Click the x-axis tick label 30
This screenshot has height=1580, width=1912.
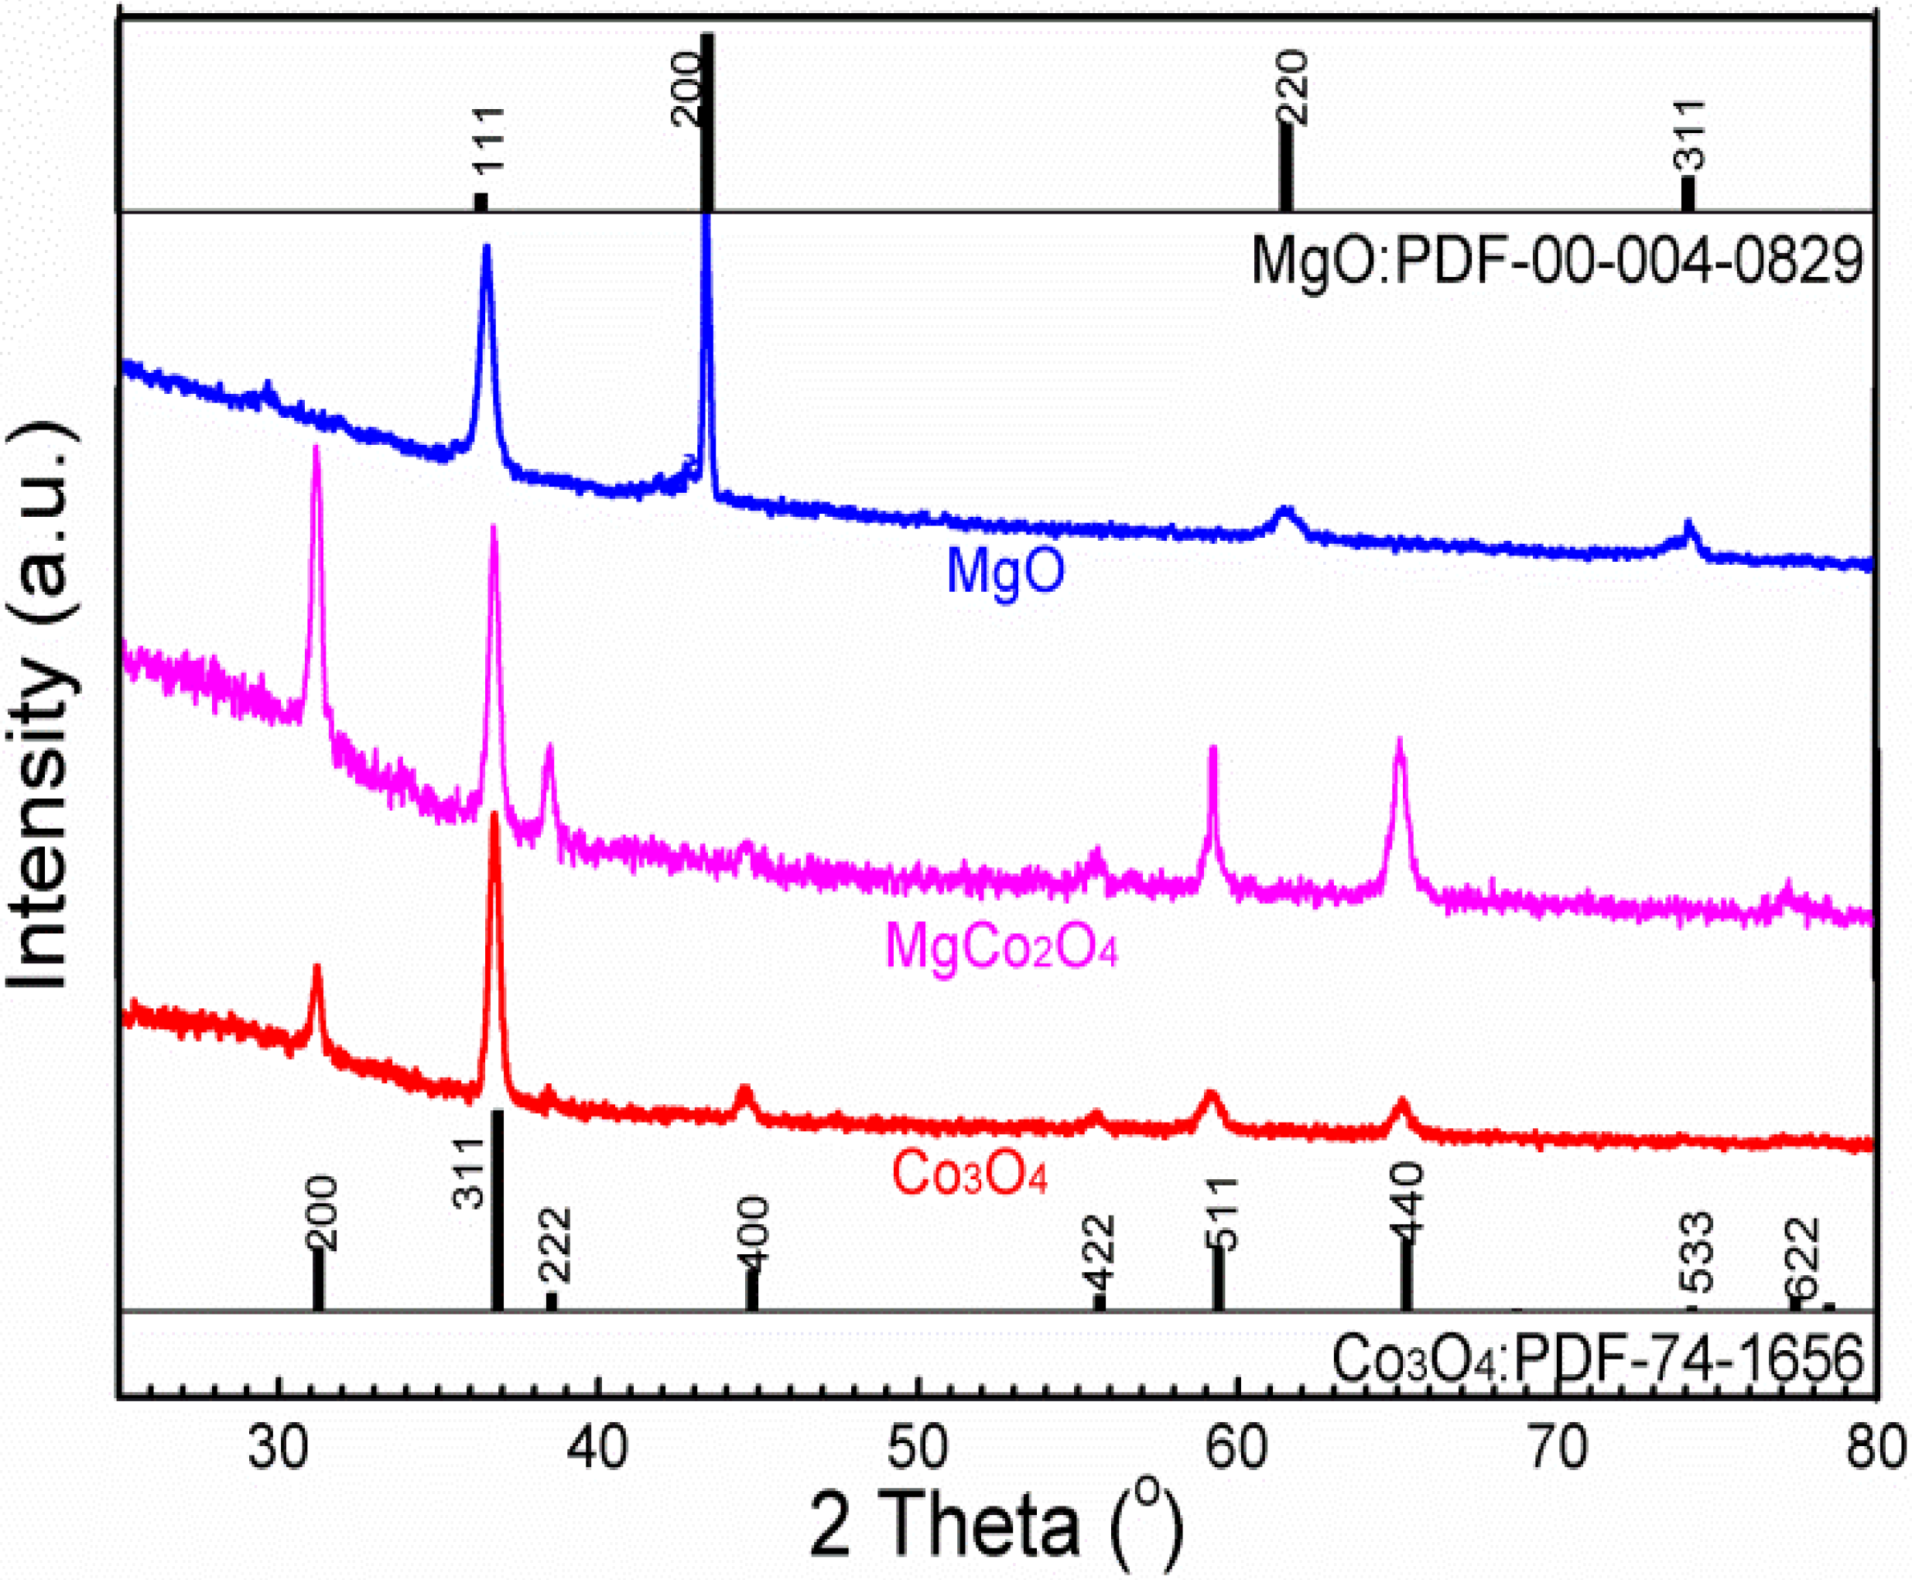[x=277, y=1445]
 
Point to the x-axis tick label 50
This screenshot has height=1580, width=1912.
[x=918, y=1445]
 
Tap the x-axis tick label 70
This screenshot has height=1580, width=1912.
[x=1557, y=1445]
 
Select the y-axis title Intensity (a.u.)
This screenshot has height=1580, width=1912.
[x=41, y=706]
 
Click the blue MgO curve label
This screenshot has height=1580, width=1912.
[x=1004, y=571]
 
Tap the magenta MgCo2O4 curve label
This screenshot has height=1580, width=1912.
[x=1000, y=946]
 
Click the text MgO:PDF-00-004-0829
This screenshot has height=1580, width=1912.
[x=1556, y=262]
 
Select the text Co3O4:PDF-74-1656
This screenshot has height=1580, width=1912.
[x=1598, y=1359]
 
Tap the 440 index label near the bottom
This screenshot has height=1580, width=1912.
[x=1407, y=1199]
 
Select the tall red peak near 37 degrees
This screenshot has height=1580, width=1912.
[x=495, y=816]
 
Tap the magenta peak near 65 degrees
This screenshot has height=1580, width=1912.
[x=1400, y=743]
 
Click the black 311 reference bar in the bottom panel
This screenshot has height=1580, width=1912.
[x=497, y=1210]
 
